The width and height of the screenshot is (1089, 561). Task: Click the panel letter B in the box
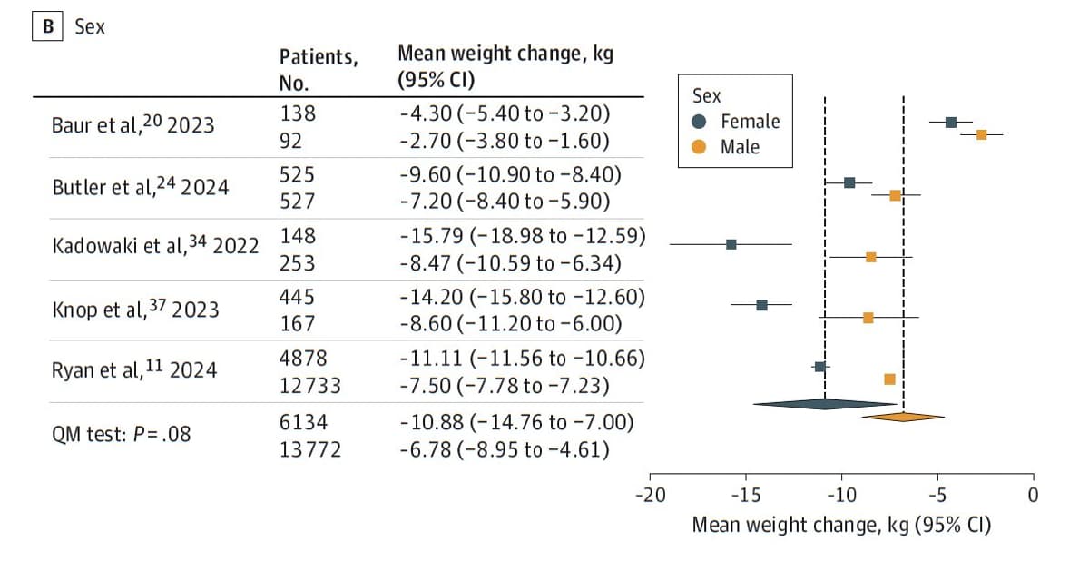click(x=46, y=27)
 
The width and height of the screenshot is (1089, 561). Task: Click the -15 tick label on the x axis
click(x=745, y=497)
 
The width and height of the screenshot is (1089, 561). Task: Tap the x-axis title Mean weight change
click(x=841, y=525)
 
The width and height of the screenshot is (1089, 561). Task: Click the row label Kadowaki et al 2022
click(x=155, y=245)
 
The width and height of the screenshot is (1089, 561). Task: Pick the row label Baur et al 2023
click(x=132, y=124)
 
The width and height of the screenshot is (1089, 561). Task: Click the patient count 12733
click(x=310, y=386)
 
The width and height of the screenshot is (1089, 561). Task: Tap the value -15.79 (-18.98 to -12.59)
click(x=522, y=236)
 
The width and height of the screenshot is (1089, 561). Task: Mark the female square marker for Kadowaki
click(x=731, y=244)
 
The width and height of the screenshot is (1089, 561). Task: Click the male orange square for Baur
click(x=981, y=134)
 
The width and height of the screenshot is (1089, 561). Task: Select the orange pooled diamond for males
click(x=903, y=417)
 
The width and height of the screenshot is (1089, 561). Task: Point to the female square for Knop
click(x=761, y=305)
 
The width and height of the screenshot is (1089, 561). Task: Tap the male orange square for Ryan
click(x=889, y=379)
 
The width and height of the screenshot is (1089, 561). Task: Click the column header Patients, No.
click(x=318, y=69)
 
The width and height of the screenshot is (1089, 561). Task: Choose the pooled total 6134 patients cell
click(x=303, y=422)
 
